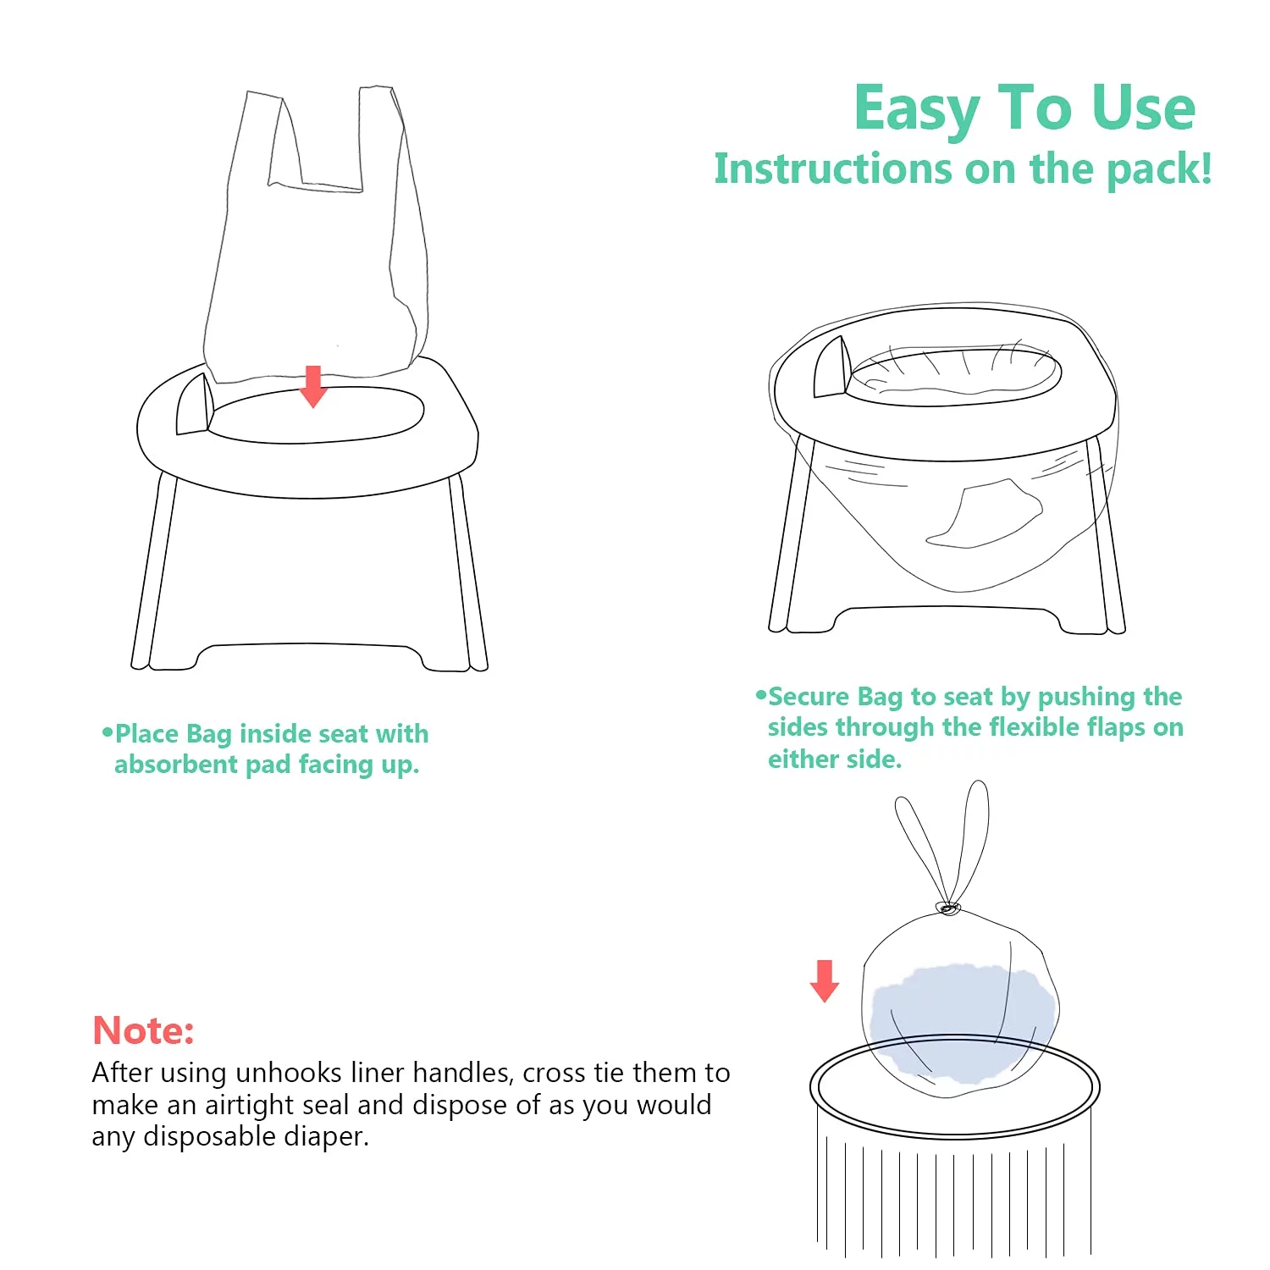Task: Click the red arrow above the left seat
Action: point(313,386)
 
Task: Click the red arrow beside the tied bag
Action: point(825,980)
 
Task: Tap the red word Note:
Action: point(143,1030)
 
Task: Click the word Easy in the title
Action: point(917,110)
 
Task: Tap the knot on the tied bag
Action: point(948,908)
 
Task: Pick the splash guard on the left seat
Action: point(195,404)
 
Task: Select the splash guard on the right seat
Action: point(832,367)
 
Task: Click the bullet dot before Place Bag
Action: point(107,732)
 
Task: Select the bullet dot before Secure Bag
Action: point(760,695)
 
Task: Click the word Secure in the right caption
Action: point(808,697)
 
